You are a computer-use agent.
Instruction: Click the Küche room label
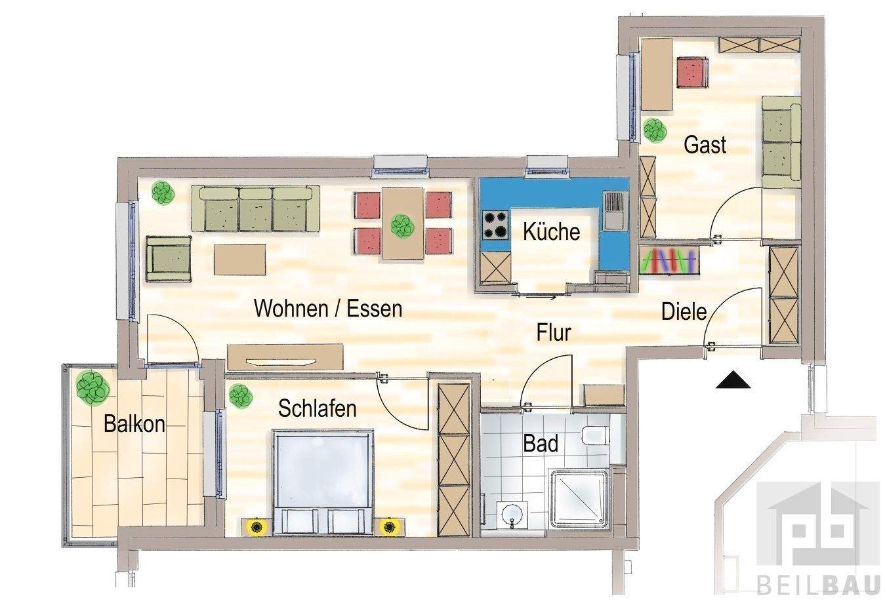pyautogui.click(x=551, y=232)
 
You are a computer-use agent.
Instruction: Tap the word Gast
pyautogui.click(x=705, y=144)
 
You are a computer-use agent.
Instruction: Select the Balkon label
pyautogui.click(x=134, y=424)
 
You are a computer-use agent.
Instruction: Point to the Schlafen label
pyautogui.click(x=318, y=408)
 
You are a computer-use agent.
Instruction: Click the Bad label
pyautogui.click(x=541, y=444)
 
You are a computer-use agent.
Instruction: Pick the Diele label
pyautogui.click(x=684, y=311)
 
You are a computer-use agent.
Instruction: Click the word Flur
pyautogui.click(x=554, y=333)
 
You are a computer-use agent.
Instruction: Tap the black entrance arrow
pyautogui.click(x=733, y=380)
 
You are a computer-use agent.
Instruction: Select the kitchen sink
pyautogui.click(x=615, y=210)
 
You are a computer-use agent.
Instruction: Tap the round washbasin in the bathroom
pyautogui.click(x=511, y=515)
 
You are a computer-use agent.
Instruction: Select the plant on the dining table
pyautogui.click(x=400, y=227)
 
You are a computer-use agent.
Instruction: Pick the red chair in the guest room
pyautogui.click(x=693, y=72)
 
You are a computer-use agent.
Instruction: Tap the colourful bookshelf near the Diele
pyautogui.click(x=669, y=261)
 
